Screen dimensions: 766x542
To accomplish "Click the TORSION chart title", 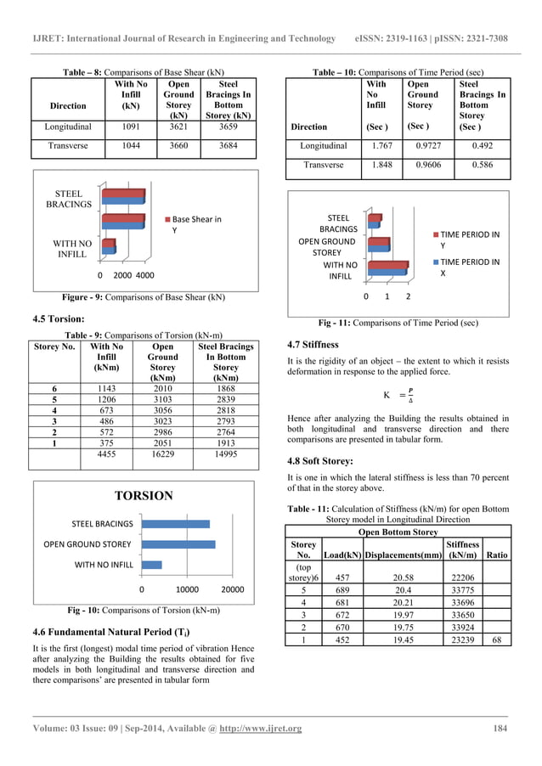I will point(144,496).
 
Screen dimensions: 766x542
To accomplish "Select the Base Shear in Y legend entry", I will point(195,224).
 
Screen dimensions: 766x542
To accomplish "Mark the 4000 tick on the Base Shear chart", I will point(144,276).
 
